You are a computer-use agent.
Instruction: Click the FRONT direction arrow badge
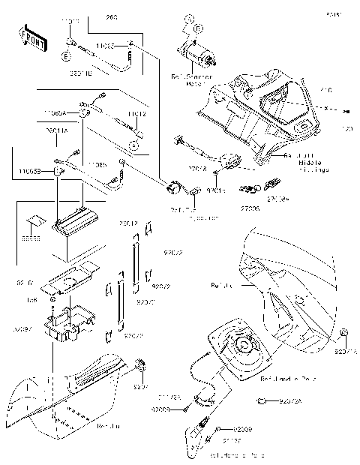click(x=28, y=34)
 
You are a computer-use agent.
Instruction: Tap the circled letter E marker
click(x=66, y=56)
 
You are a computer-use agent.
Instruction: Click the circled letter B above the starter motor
click(x=197, y=28)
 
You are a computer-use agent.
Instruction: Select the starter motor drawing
click(x=199, y=54)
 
